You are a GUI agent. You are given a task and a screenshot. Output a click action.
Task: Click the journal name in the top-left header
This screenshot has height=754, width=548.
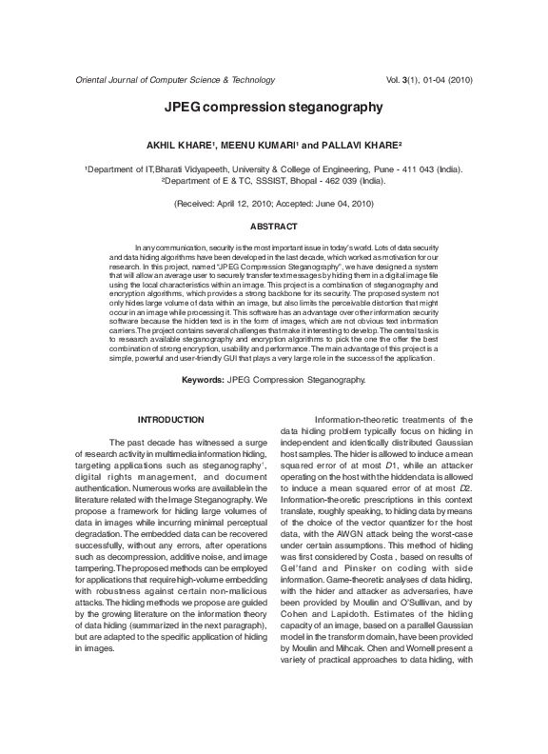[x=168, y=82]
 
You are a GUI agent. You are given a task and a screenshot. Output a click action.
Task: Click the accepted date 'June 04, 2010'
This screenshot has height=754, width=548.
[x=341, y=204]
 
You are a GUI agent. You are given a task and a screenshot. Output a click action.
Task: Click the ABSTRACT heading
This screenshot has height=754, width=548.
[x=273, y=227]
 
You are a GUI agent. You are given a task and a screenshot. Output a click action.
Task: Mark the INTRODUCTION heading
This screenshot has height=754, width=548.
[x=170, y=420]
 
